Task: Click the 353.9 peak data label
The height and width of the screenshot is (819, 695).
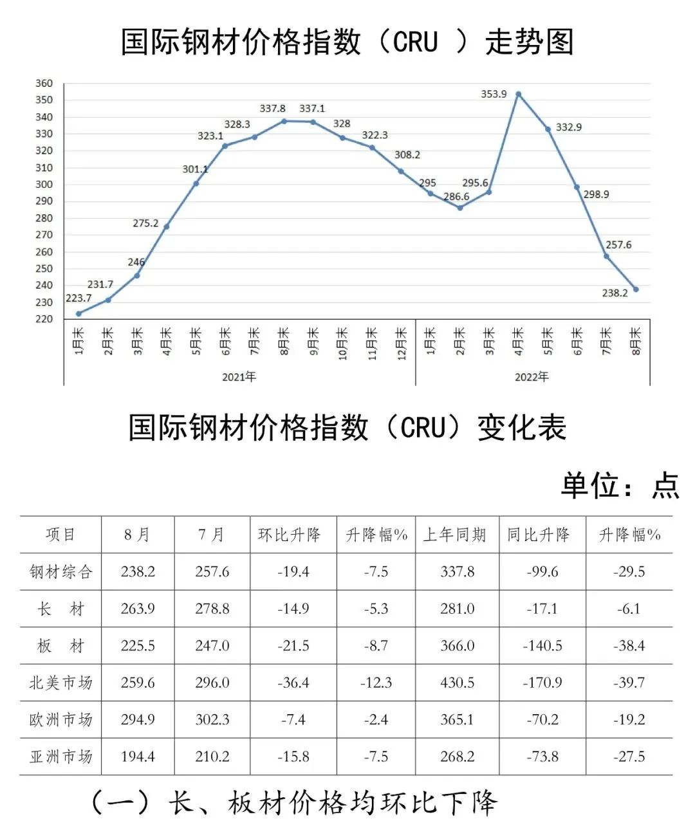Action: tap(494, 94)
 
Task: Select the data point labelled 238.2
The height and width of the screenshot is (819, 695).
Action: tap(636, 290)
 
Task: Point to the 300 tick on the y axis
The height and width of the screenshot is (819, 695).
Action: tap(44, 185)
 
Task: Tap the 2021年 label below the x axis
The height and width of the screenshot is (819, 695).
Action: tap(239, 377)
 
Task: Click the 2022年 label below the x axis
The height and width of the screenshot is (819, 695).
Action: tap(532, 377)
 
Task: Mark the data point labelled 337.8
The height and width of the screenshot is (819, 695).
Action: tap(284, 121)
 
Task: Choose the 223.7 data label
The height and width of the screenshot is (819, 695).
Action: tap(79, 299)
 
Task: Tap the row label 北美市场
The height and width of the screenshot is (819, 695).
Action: tap(61, 683)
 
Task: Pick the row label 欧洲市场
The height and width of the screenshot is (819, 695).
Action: tap(61, 719)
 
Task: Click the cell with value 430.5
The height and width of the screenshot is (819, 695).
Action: tap(458, 683)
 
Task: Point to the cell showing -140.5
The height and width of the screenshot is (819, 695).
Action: tap(542, 646)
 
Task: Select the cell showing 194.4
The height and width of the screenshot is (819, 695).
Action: tap(138, 757)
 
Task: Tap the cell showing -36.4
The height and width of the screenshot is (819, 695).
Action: tap(293, 683)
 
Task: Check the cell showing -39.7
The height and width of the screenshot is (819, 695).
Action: tap(629, 683)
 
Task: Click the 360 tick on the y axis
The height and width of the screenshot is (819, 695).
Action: tap(44, 84)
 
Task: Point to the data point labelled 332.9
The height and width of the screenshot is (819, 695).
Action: tap(548, 129)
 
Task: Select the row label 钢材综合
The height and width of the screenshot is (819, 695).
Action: tap(61, 572)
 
